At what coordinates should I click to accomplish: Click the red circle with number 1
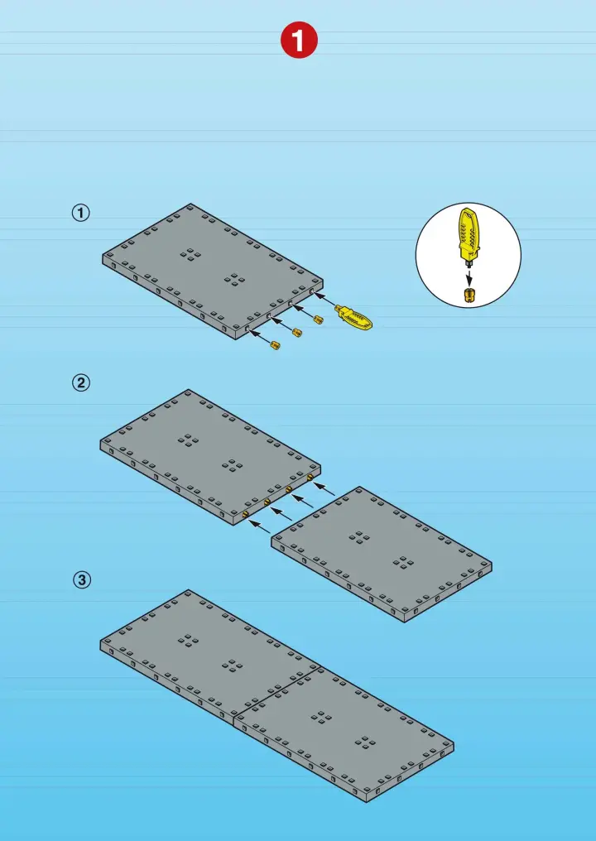click(299, 41)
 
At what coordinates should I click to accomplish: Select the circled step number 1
click(81, 213)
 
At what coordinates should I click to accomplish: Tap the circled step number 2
click(81, 383)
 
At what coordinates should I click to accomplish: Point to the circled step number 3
click(82, 579)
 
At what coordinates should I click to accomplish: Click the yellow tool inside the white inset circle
click(468, 235)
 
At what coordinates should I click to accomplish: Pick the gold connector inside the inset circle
click(469, 296)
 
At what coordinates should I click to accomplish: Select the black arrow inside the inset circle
click(469, 278)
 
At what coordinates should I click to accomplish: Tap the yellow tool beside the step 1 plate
click(353, 318)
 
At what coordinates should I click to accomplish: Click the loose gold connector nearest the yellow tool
click(318, 320)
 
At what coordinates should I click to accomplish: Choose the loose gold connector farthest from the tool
click(275, 345)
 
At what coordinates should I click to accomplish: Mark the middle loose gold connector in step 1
click(296, 332)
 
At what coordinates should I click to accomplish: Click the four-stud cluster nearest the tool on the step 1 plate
click(234, 279)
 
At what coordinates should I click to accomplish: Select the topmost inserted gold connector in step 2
click(310, 476)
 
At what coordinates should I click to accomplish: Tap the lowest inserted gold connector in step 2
click(245, 514)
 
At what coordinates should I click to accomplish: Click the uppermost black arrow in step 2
click(324, 488)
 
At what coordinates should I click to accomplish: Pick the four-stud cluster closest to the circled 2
click(188, 440)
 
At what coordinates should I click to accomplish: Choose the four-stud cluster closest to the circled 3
click(188, 640)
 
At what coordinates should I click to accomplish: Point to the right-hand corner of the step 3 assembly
click(454, 744)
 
